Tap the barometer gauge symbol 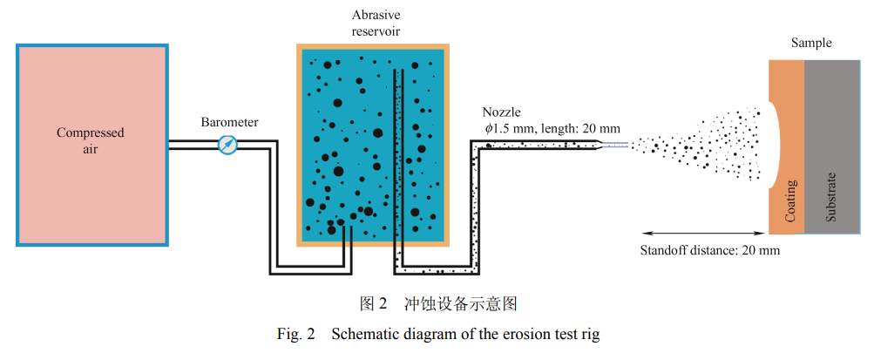227,145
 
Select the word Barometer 228,121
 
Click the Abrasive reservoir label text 376,24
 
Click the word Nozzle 501,112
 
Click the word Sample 810,43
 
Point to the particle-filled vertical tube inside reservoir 398,166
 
